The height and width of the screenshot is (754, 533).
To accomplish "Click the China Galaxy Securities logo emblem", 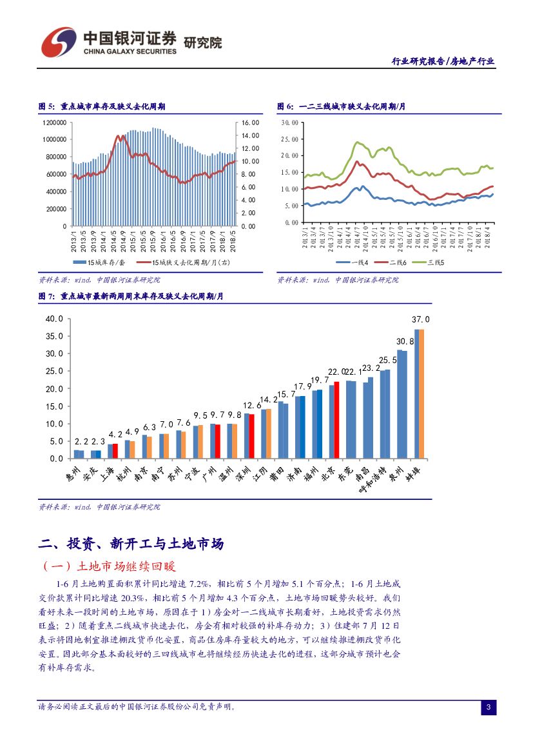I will (x=59, y=42).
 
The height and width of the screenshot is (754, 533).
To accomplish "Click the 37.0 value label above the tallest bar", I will (x=420, y=319).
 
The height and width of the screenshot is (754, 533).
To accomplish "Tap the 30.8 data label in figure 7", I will (x=405, y=341).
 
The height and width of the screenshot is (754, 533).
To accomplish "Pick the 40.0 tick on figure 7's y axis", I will (x=53, y=319).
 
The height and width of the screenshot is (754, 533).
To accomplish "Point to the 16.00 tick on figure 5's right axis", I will (x=249, y=122).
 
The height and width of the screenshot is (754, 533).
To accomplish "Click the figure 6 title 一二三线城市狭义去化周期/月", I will (x=342, y=106).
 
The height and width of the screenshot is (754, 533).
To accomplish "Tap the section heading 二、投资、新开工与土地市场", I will (x=131, y=544).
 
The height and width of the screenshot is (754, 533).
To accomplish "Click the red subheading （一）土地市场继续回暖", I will (x=108, y=567).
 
